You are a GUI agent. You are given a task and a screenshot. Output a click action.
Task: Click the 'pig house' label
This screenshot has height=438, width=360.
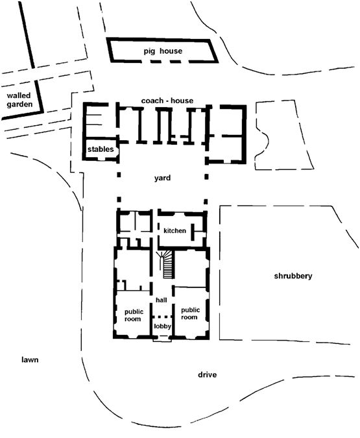(x=163, y=51)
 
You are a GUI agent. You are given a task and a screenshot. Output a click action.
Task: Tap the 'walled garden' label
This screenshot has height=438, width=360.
(x=19, y=100)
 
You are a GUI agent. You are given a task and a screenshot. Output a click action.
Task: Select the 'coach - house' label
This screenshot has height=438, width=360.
(x=167, y=101)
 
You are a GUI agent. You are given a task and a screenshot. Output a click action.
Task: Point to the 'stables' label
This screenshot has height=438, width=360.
(x=101, y=149)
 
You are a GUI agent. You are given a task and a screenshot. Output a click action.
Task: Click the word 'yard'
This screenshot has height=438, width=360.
(x=162, y=178)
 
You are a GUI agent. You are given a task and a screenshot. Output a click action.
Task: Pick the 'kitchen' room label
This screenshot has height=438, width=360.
(x=175, y=230)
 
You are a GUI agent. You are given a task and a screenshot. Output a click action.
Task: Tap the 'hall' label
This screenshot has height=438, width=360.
(x=162, y=300)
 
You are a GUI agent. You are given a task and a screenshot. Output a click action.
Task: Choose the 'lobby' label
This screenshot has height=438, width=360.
(x=162, y=326)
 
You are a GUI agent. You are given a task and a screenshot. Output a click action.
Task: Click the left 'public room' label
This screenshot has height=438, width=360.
(x=134, y=315)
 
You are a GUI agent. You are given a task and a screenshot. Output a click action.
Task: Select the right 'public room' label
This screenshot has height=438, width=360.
(x=190, y=313)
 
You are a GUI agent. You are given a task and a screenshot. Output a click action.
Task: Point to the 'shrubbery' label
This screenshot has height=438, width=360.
(x=293, y=276)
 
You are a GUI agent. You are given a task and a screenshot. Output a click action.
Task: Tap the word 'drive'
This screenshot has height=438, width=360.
(x=208, y=375)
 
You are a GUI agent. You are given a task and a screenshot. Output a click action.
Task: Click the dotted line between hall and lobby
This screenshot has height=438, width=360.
(x=162, y=316)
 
